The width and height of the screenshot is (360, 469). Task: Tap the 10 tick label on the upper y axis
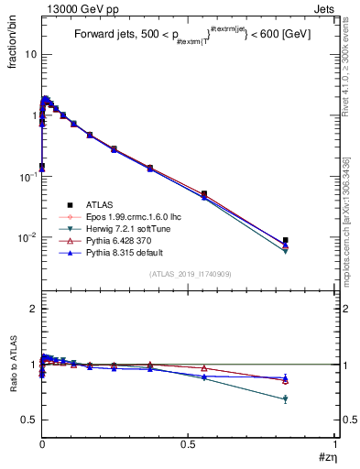click(x=29, y=54)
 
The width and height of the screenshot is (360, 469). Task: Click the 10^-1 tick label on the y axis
click(x=27, y=176)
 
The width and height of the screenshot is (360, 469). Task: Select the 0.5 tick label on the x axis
click(x=189, y=445)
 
